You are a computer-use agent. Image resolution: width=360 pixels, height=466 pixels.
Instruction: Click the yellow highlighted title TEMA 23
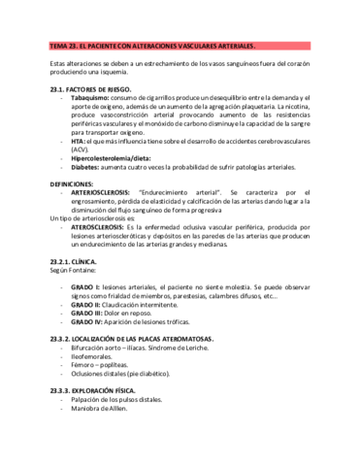pos(152,46)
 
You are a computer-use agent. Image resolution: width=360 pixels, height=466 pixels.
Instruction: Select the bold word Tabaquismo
pos(93,98)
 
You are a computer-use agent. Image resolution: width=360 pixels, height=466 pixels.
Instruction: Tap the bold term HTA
pos(79,141)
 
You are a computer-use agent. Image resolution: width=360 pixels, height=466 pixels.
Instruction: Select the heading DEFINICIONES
pos(83,183)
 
